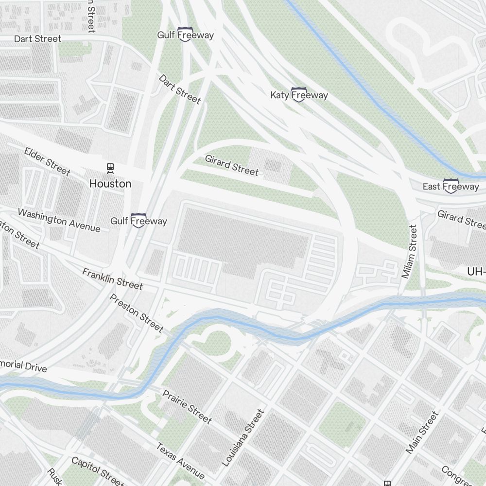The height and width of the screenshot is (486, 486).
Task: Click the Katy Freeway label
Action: [299, 95]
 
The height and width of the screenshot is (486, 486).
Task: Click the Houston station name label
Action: [110, 184]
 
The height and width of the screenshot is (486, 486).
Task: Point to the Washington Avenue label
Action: [59, 220]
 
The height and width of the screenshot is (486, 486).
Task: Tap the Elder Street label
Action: [47, 161]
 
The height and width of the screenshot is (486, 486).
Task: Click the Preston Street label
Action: [137, 313]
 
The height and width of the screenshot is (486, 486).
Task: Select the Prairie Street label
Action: [187, 406]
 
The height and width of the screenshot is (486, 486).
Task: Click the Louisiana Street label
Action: [243, 438]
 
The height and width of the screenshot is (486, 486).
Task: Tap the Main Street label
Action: [422, 433]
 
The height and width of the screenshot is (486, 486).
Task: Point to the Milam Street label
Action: [410, 251]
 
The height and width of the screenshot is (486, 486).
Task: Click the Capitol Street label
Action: [98, 471]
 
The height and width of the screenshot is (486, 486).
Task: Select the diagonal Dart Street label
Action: [179, 89]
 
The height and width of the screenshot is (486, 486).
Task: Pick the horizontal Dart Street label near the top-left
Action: [37, 38]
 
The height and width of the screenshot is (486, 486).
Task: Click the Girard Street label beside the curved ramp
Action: [232, 165]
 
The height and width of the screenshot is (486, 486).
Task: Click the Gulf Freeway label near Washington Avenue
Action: [139, 221]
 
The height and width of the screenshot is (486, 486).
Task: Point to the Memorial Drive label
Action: [23, 366]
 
